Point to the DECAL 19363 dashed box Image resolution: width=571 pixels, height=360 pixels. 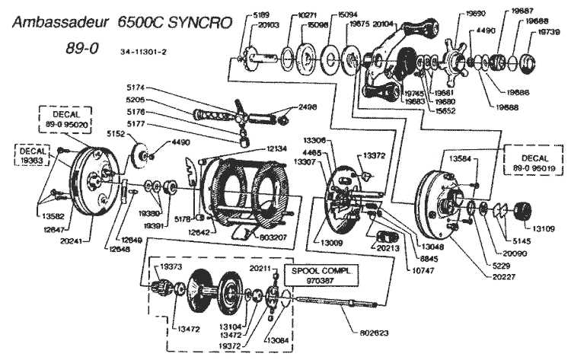coord(27,151)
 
